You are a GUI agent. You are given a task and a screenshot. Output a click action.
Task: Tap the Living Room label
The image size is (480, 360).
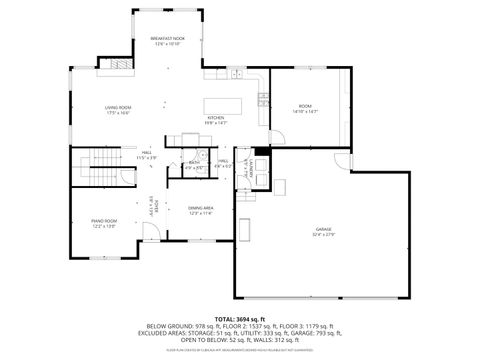point(120,109)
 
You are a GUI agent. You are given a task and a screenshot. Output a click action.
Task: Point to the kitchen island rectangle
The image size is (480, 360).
point(220,105)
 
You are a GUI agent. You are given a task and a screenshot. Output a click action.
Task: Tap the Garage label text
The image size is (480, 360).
point(323,231)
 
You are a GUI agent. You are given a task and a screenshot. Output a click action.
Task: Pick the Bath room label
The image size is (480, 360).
point(195,165)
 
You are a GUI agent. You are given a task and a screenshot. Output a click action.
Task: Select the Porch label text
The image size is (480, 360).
point(153,207)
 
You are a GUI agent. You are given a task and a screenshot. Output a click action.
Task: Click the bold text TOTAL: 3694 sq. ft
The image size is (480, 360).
point(240,317)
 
